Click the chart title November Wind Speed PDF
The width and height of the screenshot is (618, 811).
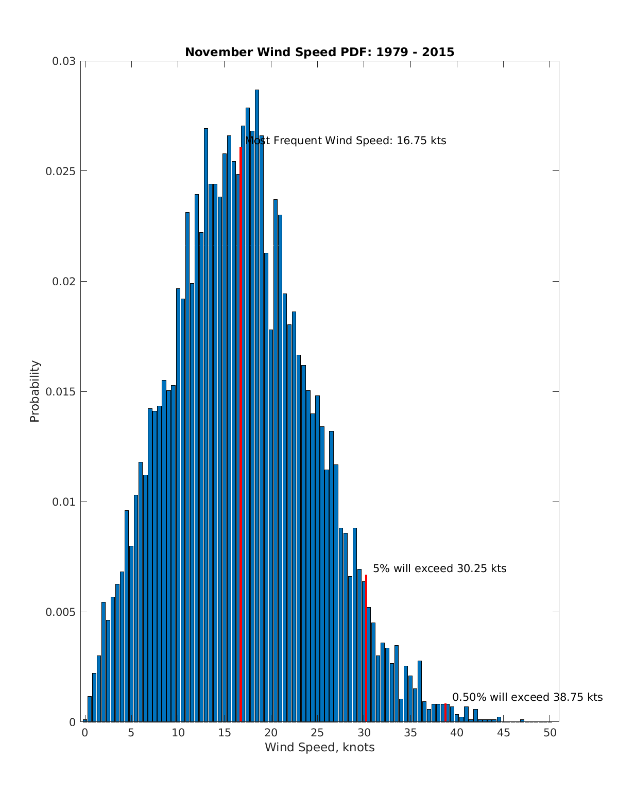(x=319, y=52)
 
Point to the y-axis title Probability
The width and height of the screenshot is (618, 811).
(x=35, y=391)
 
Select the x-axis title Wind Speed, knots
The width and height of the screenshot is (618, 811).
(x=319, y=747)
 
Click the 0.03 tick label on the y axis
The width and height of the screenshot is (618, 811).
(x=64, y=61)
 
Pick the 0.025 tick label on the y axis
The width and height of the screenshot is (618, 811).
(x=60, y=171)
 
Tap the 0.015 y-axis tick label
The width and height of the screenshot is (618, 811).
(x=60, y=392)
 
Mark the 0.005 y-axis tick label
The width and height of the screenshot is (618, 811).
(x=60, y=612)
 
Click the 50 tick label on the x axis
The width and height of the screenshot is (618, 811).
(x=550, y=733)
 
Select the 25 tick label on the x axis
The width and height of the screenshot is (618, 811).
(x=317, y=733)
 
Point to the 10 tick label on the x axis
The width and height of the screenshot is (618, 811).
(x=178, y=733)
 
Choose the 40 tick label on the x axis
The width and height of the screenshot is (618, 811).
(x=457, y=733)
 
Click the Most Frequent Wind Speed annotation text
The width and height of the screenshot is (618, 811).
(x=345, y=141)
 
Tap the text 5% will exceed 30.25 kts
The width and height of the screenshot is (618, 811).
(x=439, y=568)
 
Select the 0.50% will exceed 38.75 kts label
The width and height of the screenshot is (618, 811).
(x=527, y=697)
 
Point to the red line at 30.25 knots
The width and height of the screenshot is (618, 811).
(x=366, y=649)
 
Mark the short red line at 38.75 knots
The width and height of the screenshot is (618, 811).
(x=445, y=713)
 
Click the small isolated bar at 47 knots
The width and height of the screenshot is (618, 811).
(x=522, y=720)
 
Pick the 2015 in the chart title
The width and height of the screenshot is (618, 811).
(x=439, y=52)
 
